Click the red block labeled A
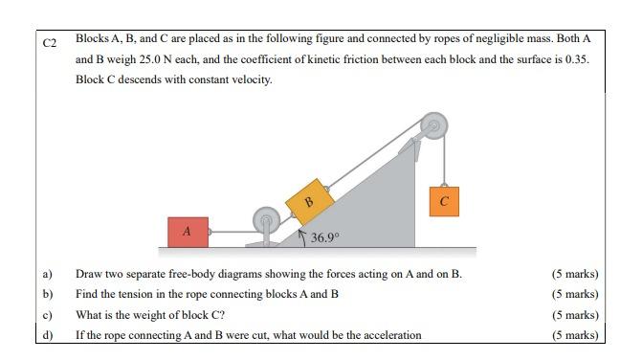click(188, 231)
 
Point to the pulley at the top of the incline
click(433, 125)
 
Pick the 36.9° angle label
click(325, 236)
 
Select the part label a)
click(47, 274)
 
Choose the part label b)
click(47, 294)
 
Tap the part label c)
click(47, 314)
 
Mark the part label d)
click(47, 334)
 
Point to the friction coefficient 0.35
click(576, 59)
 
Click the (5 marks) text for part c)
click(575, 314)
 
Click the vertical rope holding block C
click(443, 158)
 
